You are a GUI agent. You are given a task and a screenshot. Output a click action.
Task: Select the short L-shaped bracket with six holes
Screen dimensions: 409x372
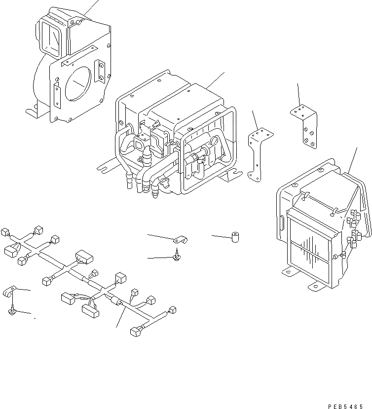pyautogui.click(x=304, y=125)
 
